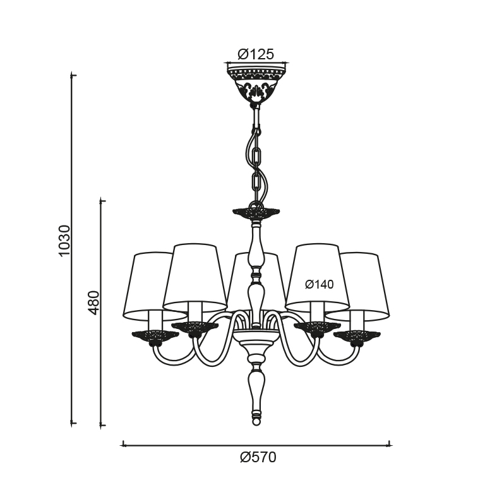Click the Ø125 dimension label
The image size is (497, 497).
pos(255,54)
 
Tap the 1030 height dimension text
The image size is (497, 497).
pos(64,241)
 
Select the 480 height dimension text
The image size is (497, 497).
pos(93,302)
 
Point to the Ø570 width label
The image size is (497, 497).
pos(258,457)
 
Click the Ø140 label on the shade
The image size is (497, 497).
pos(319,284)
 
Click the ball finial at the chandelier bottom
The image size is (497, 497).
pos(256,421)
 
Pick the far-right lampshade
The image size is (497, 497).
pos(361,285)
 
